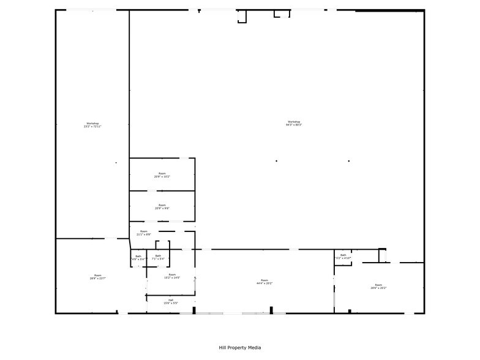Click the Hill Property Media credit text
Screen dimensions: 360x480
tap(240, 348)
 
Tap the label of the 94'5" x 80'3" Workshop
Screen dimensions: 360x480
tap(294, 123)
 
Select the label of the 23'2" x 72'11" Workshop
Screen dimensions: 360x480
tap(92, 125)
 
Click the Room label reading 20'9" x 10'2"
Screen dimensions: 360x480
tap(162, 175)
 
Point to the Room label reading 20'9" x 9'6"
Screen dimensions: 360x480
tap(162, 207)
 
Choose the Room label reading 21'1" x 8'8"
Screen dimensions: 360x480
tap(143, 233)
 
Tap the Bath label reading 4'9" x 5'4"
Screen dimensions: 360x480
tap(138, 258)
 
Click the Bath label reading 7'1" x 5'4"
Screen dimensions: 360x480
tap(158, 258)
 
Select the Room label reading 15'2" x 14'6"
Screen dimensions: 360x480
tap(172, 276)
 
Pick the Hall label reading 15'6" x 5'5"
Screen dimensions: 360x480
tap(171, 302)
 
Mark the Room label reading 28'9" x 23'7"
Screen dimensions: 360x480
tap(98, 277)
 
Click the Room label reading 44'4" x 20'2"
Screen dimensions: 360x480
tap(264, 282)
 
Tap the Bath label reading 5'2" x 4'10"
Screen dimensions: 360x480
tap(343, 257)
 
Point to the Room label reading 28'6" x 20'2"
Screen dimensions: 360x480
tap(378, 286)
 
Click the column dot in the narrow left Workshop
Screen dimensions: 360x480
tap(116, 162)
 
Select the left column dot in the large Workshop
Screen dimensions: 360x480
tap(276, 161)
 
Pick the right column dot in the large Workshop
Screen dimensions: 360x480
tap(349, 161)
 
